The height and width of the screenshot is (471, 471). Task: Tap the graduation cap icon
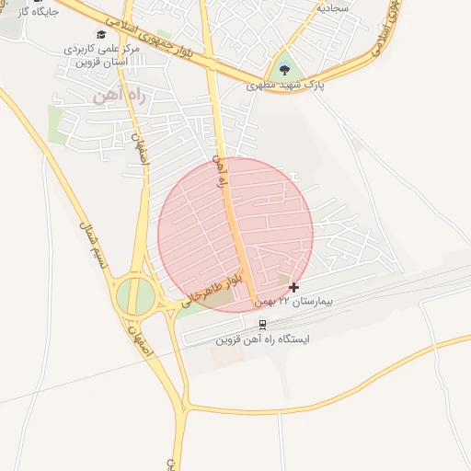click(100, 34)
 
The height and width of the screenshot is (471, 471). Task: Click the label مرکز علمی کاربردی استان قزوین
click(102, 54)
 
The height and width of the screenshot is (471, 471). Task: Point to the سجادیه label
click(332, 6)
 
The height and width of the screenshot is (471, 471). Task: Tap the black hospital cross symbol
click(293, 288)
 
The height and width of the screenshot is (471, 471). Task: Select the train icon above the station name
click(263, 324)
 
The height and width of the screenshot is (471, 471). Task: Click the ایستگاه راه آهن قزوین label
click(263, 339)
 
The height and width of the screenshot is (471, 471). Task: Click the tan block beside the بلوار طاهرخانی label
click(217, 298)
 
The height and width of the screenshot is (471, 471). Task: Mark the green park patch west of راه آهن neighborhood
click(57, 125)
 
